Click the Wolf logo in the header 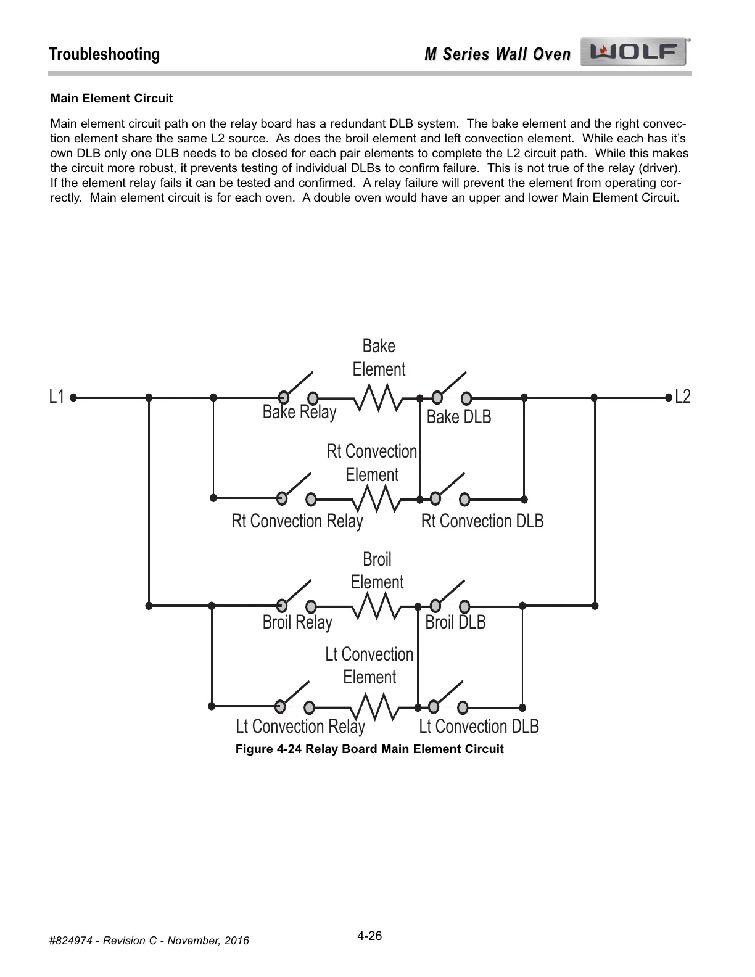coord(634,53)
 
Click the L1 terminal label coord(57,397)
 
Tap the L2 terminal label coord(683,397)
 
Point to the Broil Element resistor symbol coord(376,606)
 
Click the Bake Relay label coord(299,412)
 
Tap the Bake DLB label coord(459,417)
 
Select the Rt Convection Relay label coord(297,521)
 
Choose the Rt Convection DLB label coord(482,521)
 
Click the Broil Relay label coord(297,622)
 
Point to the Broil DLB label coord(456,622)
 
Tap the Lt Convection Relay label coord(300,727)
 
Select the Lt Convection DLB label coord(479,727)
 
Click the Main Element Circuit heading coord(112,99)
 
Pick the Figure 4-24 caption coord(369,749)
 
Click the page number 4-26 coord(369,936)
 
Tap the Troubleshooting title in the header coord(104,54)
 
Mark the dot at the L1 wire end coord(73,398)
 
